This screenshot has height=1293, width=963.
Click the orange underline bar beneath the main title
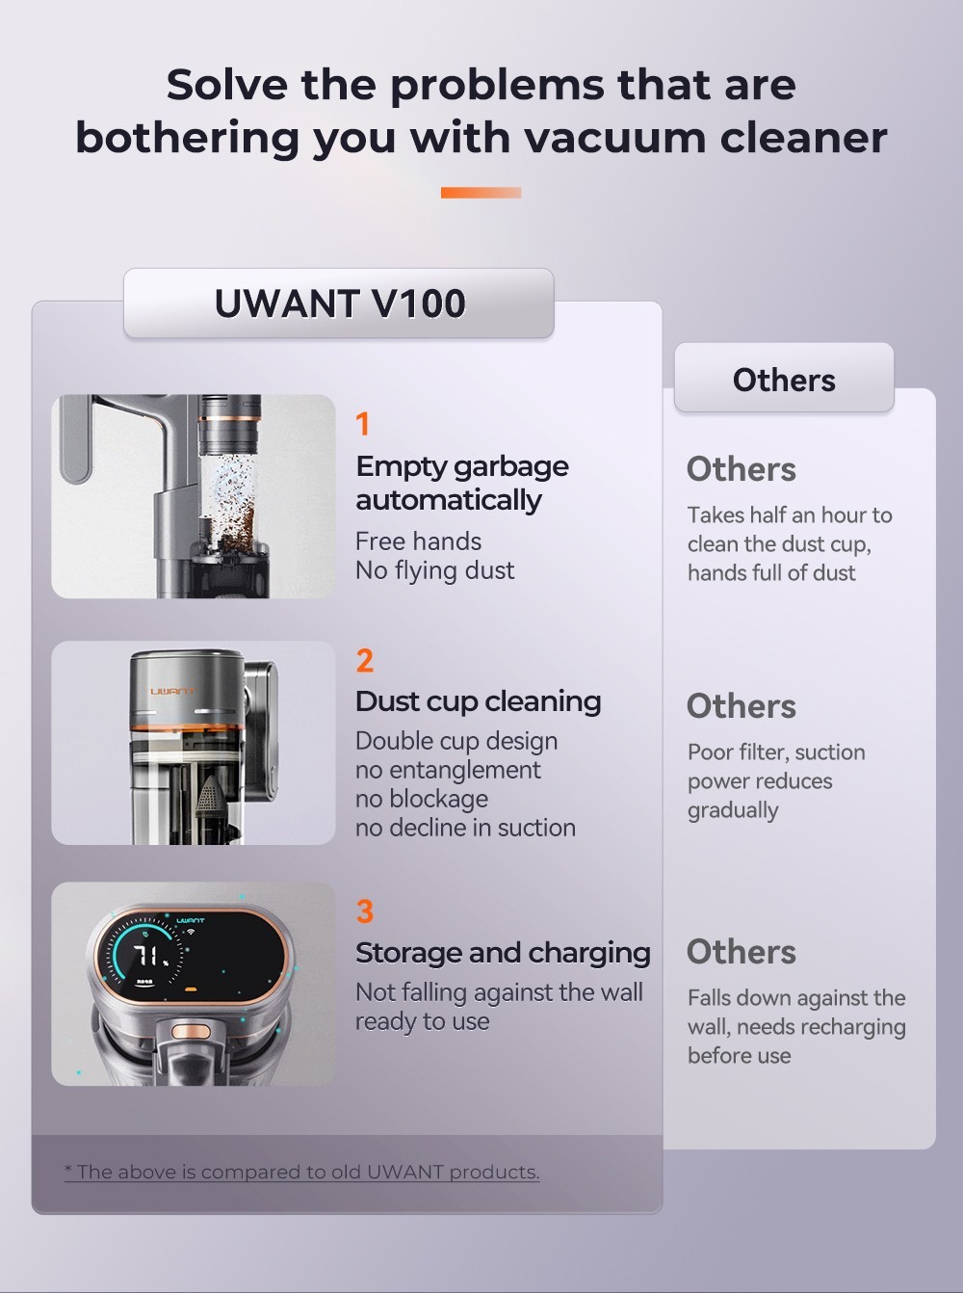(481, 193)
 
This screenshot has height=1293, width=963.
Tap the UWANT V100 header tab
(339, 303)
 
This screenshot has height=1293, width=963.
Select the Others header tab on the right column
(784, 379)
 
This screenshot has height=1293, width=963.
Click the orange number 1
(363, 424)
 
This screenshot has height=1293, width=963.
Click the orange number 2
(364, 661)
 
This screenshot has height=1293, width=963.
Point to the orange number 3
(364, 911)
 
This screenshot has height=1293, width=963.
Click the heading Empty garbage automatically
(461, 483)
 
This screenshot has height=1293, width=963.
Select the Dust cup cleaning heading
(478, 701)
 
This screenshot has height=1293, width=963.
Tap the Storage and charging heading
(503, 953)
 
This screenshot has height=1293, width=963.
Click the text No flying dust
(434, 570)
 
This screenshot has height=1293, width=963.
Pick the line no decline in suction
(465, 828)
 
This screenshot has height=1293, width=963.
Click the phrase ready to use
(422, 1021)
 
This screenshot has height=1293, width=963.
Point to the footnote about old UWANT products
(301, 1172)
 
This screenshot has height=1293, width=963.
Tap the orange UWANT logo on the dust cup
(171, 691)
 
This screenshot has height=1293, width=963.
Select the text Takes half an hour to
(790, 515)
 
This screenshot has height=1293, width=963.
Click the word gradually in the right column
(733, 810)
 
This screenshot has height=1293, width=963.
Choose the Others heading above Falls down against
(741, 952)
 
